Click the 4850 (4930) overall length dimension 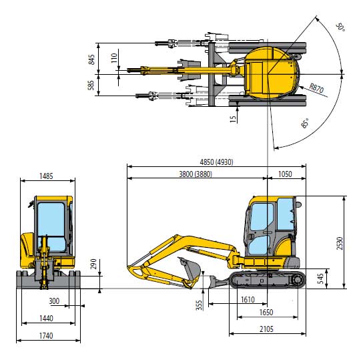(x=216, y=162)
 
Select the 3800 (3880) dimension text (x=196, y=174)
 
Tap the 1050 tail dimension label (x=285, y=174)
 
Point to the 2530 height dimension (x=340, y=243)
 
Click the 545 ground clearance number (x=320, y=279)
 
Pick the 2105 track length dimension (x=266, y=329)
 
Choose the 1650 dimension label (x=266, y=313)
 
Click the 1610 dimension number (x=248, y=300)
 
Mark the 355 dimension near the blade (x=199, y=305)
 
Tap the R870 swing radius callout (x=317, y=88)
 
